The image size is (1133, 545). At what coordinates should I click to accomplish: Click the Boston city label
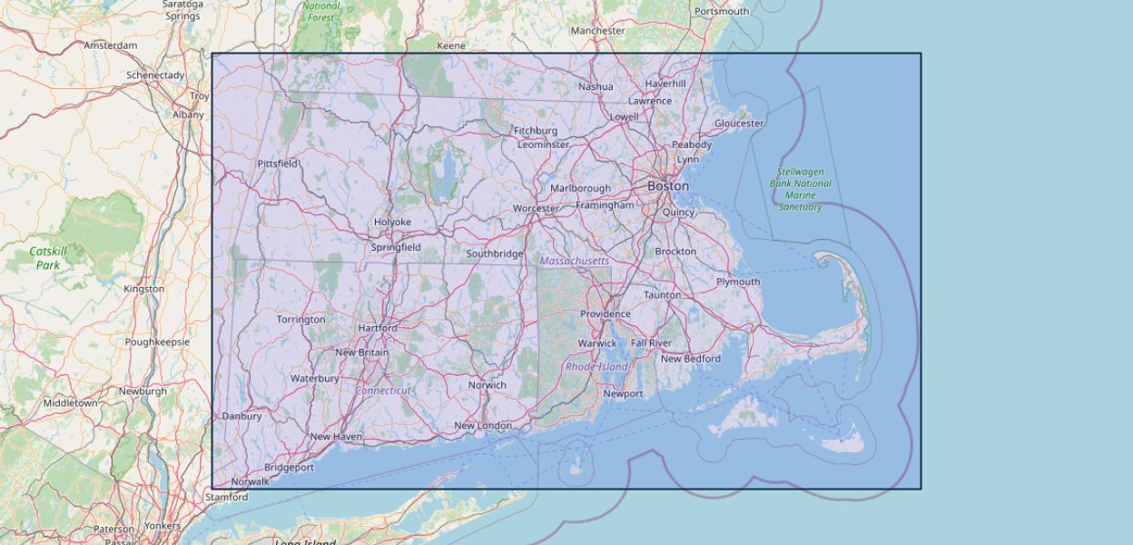tap(667, 186)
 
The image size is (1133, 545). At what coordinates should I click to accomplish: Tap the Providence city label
tap(605, 314)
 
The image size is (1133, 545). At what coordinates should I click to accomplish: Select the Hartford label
tap(378, 328)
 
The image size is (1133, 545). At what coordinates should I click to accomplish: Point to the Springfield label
tap(395, 247)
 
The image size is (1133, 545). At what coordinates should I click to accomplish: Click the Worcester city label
tap(536, 209)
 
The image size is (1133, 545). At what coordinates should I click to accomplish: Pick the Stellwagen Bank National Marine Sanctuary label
tap(800, 189)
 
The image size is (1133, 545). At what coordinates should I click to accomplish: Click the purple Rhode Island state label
tap(596, 367)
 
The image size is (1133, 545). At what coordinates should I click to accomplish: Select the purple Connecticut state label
tap(383, 391)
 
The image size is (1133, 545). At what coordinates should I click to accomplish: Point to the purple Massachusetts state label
tap(574, 261)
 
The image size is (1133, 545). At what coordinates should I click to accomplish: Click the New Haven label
tap(336, 437)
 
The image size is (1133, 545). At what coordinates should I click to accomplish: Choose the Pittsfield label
tap(278, 163)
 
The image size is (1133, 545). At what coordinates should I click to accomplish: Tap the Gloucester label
tap(739, 124)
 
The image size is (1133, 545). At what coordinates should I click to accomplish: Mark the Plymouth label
tap(738, 282)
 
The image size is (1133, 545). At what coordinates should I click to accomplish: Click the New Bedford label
tap(690, 359)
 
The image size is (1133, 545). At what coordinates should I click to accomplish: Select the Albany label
tap(188, 115)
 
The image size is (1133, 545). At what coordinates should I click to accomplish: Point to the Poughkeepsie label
tap(157, 342)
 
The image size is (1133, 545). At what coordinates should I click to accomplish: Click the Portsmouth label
tap(722, 12)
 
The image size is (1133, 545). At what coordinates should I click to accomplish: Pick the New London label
tap(483, 426)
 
